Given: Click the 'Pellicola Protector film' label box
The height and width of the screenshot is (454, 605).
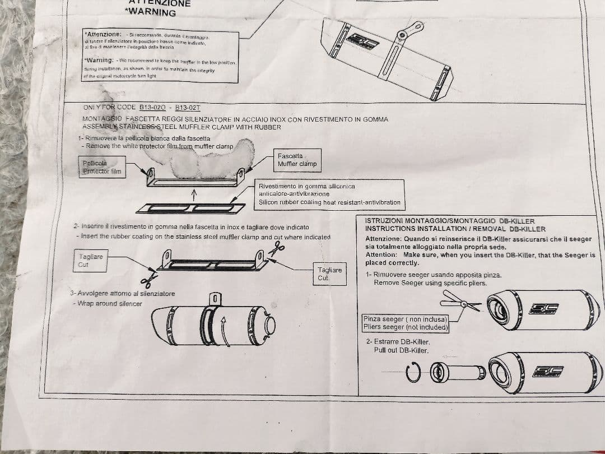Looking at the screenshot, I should [x=102, y=167].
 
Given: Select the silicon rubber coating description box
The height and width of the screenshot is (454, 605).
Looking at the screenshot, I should [x=329, y=194].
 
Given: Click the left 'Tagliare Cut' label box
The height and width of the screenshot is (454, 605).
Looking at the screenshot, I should [x=91, y=261].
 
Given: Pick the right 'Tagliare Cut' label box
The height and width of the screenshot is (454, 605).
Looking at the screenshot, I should [x=329, y=274].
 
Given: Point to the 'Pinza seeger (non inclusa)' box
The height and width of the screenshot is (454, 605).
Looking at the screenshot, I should [x=406, y=323].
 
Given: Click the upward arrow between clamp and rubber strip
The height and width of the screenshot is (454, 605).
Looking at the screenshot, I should [x=193, y=194].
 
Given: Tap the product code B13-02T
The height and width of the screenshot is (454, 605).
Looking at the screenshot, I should [x=187, y=107].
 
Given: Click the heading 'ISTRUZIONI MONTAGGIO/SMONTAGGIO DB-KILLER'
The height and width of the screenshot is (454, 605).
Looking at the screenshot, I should [x=449, y=221].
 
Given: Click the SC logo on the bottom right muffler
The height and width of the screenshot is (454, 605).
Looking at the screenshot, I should [x=549, y=373].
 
